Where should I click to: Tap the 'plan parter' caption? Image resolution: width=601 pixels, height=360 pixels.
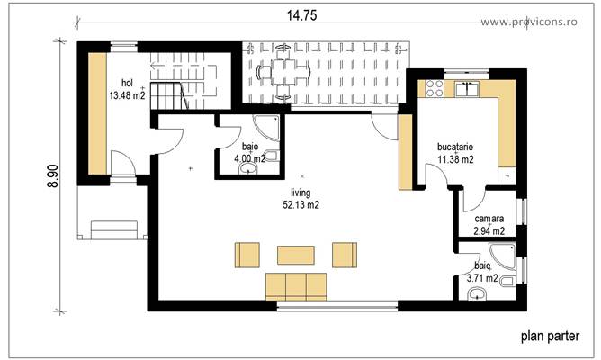pos(550,338)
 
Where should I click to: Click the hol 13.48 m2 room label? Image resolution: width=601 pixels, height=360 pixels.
pos(127,88)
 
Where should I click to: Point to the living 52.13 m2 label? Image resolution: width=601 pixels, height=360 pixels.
pos(300,199)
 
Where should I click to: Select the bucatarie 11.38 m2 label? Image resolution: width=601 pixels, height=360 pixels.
pos(455,154)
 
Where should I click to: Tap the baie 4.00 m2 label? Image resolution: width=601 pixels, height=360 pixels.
pos(249,153)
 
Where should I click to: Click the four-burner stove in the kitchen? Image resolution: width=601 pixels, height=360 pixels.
pos(433,88)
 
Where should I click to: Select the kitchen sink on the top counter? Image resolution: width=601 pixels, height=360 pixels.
pos(468,88)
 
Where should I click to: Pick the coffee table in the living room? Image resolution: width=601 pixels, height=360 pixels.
pos(295,255)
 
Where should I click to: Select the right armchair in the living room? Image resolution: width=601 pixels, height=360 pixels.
pos(345,255)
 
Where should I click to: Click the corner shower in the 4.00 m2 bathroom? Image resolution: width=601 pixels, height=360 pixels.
pos(267,126)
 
